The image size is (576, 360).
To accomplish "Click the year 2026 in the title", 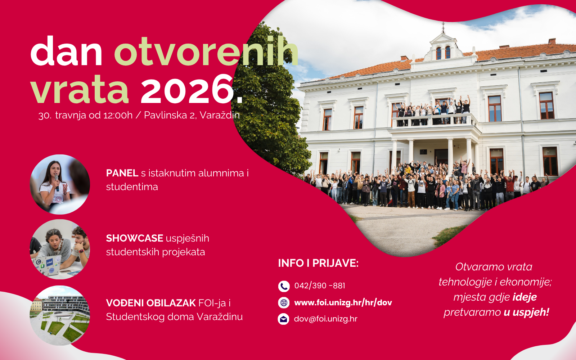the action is [186, 89].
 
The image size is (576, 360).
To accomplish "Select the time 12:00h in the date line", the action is [118, 115].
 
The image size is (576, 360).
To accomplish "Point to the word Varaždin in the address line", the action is [220, 115].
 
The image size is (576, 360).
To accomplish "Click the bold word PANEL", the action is [122, 173].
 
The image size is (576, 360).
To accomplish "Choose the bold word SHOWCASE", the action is [135, 238].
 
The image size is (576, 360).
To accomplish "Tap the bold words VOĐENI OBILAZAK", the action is [151, 303].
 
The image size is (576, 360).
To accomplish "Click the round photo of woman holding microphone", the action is [60, 184].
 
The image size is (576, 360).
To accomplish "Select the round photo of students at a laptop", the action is [60, 249].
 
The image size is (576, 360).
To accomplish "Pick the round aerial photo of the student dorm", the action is [60, 315].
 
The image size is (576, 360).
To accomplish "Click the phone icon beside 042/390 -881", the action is [284, 286].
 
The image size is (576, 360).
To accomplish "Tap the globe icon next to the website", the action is [284, 303].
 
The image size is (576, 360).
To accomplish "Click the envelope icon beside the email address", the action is [284, 319].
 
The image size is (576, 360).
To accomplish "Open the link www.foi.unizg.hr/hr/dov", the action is [343, 303].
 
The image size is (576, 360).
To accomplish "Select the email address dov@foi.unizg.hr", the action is [325, 319].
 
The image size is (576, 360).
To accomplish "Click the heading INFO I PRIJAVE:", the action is [318, 263].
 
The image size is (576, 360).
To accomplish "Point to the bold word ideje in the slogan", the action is [525, 297].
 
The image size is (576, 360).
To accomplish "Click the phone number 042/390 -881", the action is [320, 286].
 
